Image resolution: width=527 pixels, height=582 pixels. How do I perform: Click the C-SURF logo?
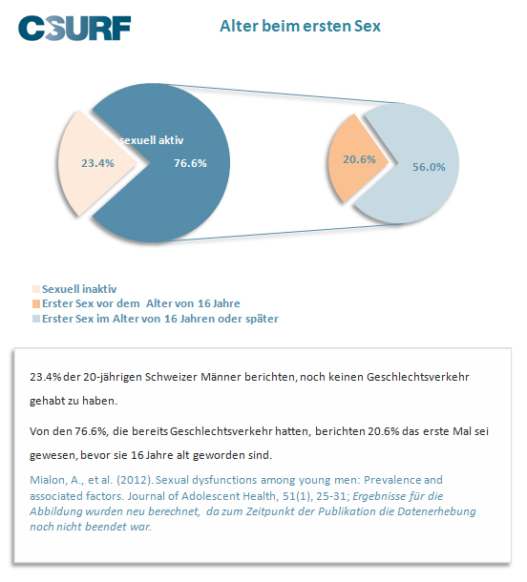[x=74, y=28]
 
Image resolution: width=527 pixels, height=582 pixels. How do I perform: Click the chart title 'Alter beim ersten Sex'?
[x=300, y=26]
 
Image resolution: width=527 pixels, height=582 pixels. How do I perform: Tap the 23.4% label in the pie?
[x=97, y=163]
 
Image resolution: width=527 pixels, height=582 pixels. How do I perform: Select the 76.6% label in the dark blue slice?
[x=191, y=163]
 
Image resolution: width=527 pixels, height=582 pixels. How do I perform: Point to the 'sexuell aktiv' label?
[x=152, y=140]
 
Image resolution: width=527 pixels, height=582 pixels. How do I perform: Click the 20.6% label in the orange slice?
[x=359, y=159]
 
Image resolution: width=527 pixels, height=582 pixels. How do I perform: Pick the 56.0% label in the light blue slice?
[x=429, y=167]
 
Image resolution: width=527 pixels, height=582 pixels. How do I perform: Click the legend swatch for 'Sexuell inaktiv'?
[x=36, y=289]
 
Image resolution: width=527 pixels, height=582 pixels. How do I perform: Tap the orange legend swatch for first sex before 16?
[x=36, y=304]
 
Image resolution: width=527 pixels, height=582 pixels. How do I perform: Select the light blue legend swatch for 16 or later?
[x=36, y=319]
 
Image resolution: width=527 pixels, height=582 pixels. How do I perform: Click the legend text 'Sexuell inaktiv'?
[x=79, y=289]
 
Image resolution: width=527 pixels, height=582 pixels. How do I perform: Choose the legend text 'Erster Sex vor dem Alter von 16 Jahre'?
[x=141, y=303]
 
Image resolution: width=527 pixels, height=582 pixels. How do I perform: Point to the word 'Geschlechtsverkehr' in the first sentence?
[x=418, y=377]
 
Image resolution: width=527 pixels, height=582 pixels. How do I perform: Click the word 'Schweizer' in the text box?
[x=171, y=377]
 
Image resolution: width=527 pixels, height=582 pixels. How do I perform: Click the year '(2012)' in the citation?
[x=135, y=480]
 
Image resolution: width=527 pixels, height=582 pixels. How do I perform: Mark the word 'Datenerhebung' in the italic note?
[x=436, y=511]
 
